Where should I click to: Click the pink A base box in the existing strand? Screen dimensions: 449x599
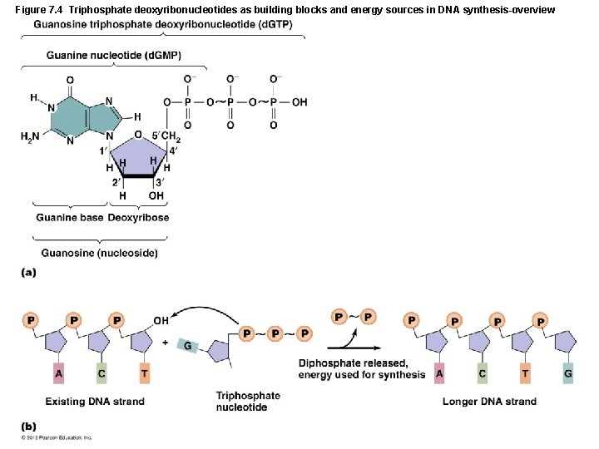point(58,373)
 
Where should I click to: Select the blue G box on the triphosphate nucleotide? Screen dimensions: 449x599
point(187,345)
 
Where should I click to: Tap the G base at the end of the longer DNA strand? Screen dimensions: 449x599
point(567,373)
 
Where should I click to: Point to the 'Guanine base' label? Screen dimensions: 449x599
point(70,218)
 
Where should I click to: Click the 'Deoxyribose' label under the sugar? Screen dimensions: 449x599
point(138,218)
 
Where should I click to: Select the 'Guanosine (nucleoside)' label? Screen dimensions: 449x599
point(100,253)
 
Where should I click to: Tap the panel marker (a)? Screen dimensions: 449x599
point(29,273)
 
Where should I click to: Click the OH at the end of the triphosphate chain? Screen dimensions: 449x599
point(299,102)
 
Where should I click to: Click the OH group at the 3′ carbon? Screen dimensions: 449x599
point(156,196)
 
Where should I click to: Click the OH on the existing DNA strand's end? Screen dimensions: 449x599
point(161,318)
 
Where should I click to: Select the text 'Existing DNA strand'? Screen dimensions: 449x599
point(95,402)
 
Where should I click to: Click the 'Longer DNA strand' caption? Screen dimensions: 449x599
point(489,402)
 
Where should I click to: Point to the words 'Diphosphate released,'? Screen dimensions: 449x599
point(353,363)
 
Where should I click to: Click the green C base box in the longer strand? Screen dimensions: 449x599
point(482,373)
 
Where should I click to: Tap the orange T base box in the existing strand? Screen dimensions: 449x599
point(145,373)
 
